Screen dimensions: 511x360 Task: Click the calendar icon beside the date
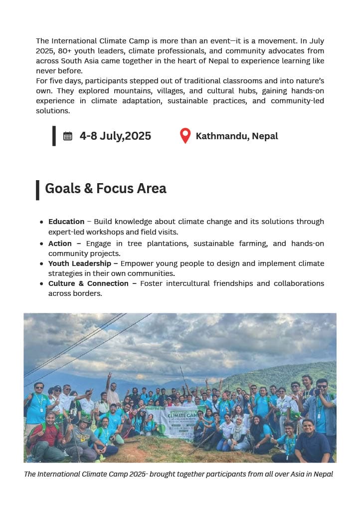(68, 136)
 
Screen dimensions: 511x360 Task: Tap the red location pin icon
(185, 136)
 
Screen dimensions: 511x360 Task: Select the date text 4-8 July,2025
(115, 136)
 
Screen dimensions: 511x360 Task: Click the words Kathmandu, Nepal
(237, 136)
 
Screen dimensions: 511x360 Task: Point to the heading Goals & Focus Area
(106, 188)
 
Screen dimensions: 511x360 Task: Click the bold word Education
(66, 222)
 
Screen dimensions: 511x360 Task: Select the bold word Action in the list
(60, 244)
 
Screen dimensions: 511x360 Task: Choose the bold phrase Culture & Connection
(88, 283)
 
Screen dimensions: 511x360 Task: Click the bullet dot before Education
(41, 222)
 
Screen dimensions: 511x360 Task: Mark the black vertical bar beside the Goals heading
(37, 190)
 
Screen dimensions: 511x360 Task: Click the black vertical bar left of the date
(54, 136)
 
